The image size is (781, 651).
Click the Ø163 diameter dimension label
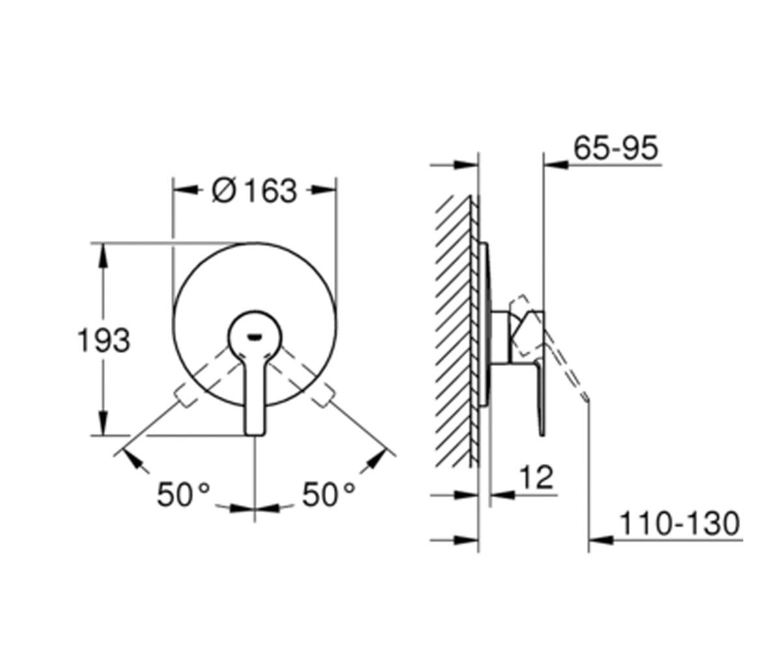(254, 191)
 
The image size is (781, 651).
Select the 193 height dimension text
(103, 340)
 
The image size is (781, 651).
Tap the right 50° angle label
(328, 495)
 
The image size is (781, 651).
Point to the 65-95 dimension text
(616, 148)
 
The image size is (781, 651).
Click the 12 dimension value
(536, 477)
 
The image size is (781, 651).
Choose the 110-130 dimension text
(680, 524)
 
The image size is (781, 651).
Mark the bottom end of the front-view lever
(255, 435)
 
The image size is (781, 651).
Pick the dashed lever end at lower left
(185, 395)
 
